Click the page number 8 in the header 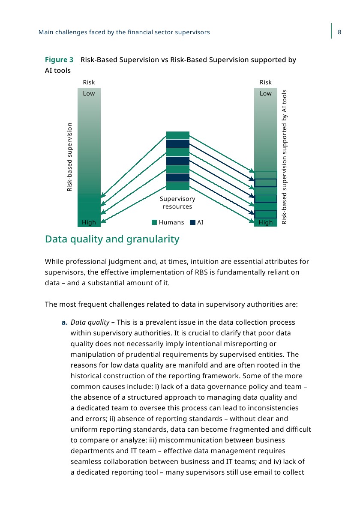339,32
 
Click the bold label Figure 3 59,60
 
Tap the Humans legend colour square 155,222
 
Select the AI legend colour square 193,222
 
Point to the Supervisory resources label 177,203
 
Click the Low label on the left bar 89,93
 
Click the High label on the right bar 266,222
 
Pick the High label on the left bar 89,222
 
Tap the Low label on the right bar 266,93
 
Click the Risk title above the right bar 266,82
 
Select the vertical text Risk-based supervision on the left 70,157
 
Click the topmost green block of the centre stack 178,135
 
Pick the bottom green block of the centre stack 178,186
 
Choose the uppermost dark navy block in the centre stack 178,144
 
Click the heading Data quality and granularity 112,239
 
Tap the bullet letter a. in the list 64,322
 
